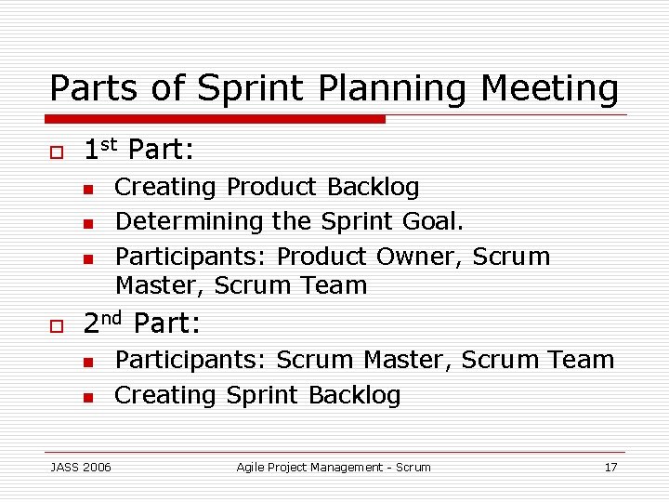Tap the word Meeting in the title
click(x=549, y=89)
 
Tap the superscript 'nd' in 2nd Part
click(x=112, y=317)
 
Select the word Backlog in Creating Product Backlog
click(x=373, y=187)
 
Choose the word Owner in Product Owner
click(x=419, y=257)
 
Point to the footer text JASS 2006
click(x=81, y=467)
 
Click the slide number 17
click(x=610, y=467)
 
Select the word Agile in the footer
click(x=251, y=467)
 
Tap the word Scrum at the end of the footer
click(x=413, y=467)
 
